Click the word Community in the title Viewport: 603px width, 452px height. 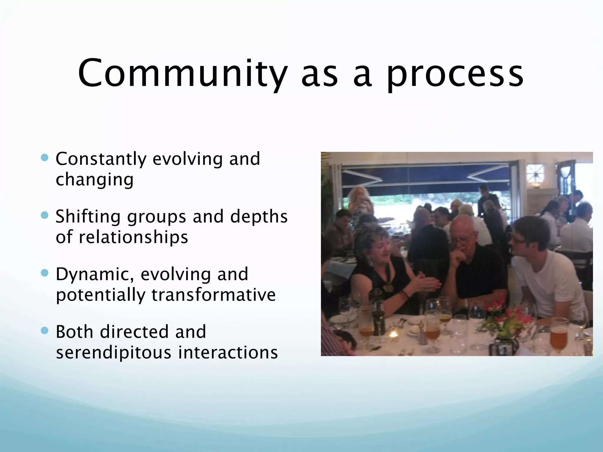point(183,74)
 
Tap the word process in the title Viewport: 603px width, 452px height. point(455,75)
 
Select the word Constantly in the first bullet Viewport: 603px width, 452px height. point(101,159)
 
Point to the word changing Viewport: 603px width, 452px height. point(95,180)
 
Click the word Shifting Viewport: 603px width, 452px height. point(88,217)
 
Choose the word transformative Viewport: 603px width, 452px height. point(213,295)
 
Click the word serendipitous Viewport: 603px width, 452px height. point(114,353)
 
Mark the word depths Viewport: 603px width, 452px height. point(259,217)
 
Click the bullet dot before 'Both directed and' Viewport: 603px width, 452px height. point(45,331)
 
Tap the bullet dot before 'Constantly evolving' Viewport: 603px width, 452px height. point(45,158)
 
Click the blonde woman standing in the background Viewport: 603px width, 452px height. point(359,203)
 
